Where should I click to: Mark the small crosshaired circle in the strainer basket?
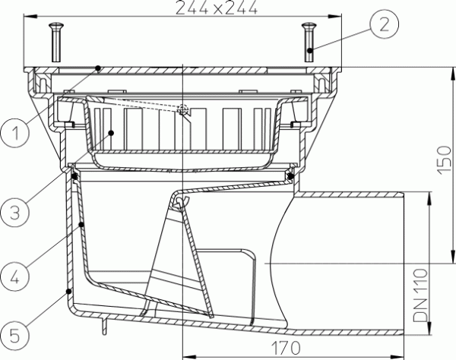coord(182,110)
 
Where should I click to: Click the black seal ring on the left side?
coord(74,176)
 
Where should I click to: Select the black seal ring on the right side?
coord(290,176)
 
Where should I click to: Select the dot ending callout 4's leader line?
coord(81,225)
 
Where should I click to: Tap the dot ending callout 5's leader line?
coord(68,291)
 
